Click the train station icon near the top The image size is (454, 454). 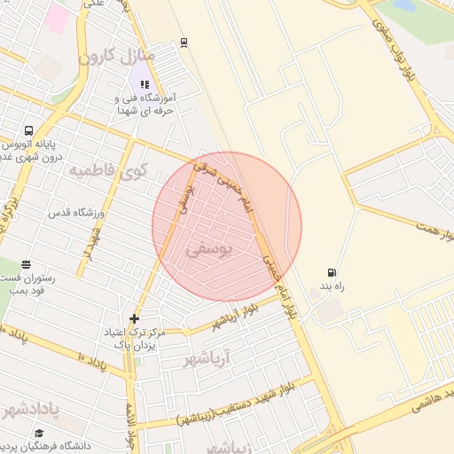[x=184, y=41]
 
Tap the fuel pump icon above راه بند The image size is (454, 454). [x=332, y=273]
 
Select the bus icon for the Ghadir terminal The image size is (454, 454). [x=29, y=129]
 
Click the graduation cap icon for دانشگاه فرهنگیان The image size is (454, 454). [x=39, y=434]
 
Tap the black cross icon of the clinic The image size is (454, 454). [x=134, y=317]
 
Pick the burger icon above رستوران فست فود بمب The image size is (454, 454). [x=26, y=264]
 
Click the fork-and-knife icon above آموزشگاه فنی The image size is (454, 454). [x=145, y=84]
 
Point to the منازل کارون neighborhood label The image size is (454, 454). [x=118, y=57]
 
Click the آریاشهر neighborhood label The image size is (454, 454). [x=206, y=358]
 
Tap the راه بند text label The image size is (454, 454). [x=333, y=287]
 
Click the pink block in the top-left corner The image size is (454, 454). [x=58, y=16]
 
